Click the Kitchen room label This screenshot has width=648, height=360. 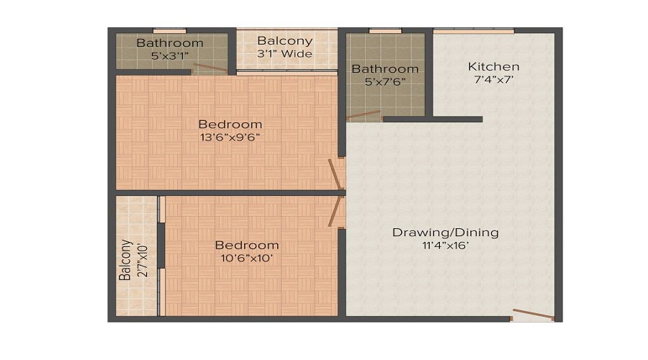pyautogui.click(x=493, y=67)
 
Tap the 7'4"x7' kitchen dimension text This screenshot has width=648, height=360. pyautogui.click(x=493, y=81)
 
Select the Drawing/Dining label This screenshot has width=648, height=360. pyautogui.click(x=445, y=233)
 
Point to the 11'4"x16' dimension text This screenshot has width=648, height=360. pyautogui.click(x=445, y=246)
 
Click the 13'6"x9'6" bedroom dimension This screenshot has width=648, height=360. pyautogui.click(x=230, y=138)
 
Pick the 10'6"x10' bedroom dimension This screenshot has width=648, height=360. pyautogui.click(x=246, y=258)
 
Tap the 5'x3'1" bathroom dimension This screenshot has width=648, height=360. pyautogui.click(x=170, y=55)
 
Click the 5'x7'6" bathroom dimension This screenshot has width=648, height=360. pyautogui.click(x=384, y=82)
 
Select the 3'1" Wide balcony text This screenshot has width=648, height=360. pyautogui.click(x=284, y=54)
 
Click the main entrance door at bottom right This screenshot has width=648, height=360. pyautogui.click(x=533, y=314)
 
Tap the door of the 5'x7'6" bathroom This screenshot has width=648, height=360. pyautogui.click(x=363, y=114)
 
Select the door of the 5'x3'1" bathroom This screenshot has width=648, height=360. pyautogui.click(x=210, y=70)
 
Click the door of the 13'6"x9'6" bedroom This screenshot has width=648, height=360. pyautogui.click(x=335, y=175)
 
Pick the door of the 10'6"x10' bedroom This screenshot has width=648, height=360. pyautogui.click(x=335, y=210)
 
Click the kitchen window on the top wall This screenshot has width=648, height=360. pyautogui.click(x=473, y=31)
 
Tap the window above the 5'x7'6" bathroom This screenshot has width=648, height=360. pyautogui.click(x=385, y=31)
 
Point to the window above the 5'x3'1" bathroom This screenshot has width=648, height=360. pyautogui.click(x=170, y=31)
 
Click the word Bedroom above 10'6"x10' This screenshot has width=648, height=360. pyautogui.click(x=246, y=245)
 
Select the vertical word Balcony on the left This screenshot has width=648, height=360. pyautogui.click(x=126, y=261)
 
